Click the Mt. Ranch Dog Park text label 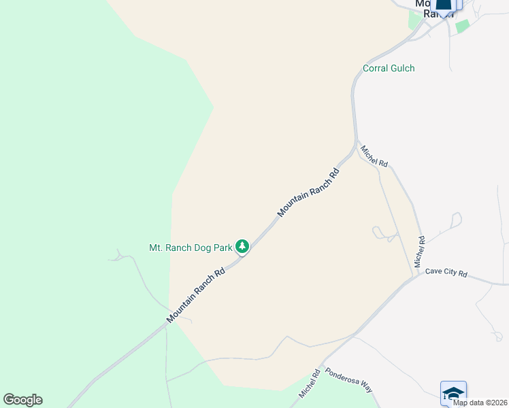tap(191, 247)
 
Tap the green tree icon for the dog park tap(242, 246)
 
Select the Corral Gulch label tap(389, 68)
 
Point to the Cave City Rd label tap(446, 273)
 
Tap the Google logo tap(22, 400)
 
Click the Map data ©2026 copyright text tap(480, 403)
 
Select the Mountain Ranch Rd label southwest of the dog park tap(196, 296)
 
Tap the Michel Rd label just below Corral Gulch tap(374, 156)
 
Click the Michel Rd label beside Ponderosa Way tap(308, 384)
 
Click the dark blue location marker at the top tap(444, 7)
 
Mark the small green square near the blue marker tap(463, 26)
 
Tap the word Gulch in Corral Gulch tap(402, 68)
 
